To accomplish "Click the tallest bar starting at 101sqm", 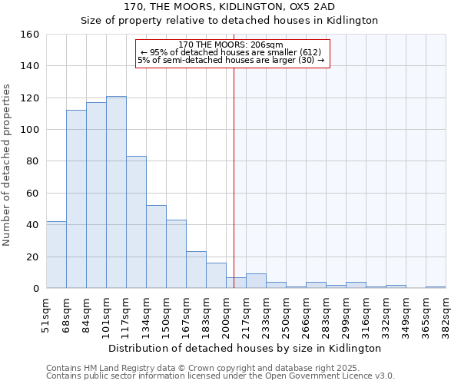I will [x=116, y=192].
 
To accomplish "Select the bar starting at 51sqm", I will [x=56, y=254].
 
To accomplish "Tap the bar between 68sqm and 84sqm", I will [x=76, y=199].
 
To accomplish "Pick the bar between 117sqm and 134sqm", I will [x=136, y=222].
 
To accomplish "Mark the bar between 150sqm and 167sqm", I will [x=176, y=253].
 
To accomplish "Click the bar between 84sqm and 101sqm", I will [x=96, y=195].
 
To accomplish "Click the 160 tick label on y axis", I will [x=30, y=35].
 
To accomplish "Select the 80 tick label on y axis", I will [x=33, y=161].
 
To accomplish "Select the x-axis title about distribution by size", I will [x=244, y=348].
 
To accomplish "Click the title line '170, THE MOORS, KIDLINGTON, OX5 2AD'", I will [x=230, y=7].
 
